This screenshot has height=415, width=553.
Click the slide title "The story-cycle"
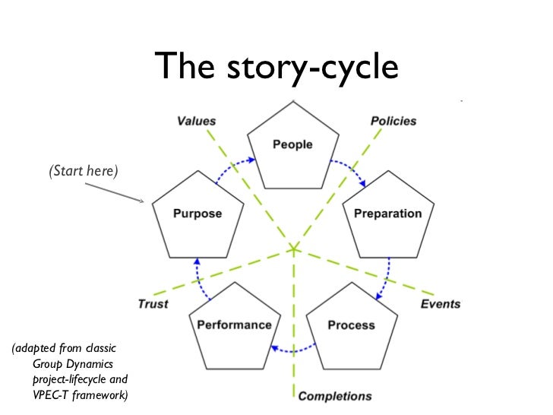point(276,68)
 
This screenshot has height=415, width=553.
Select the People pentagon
point(292,149)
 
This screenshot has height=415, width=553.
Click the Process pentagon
point(351,325)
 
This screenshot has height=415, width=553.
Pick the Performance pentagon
point(234,325)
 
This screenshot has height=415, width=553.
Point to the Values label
point(196,121)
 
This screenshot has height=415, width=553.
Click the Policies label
point(393,121)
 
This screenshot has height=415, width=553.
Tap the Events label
point(441,304)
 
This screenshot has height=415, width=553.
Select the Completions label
point(335,396)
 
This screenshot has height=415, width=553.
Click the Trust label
point(153,304)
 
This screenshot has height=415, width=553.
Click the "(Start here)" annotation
point(84,171)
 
